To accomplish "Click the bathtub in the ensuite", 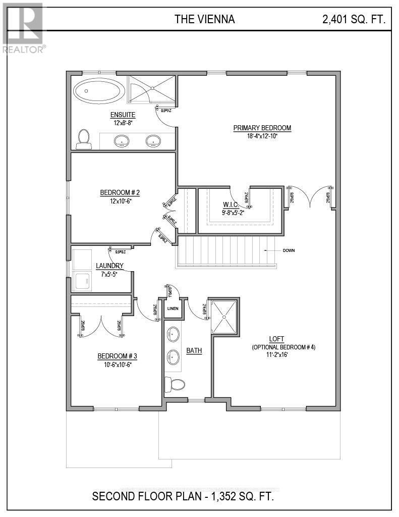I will tap(99, 92).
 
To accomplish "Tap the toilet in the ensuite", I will tap(84, 139).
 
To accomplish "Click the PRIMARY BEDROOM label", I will tap(262, 128).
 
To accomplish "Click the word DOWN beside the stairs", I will tap(289, 250).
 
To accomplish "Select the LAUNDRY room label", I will tap(109, 266).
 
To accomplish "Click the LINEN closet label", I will tap(173, 308).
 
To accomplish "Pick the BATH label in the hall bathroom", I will tap(194, 350).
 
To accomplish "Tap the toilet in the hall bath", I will tap(174, 384).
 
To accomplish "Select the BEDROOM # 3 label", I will tap(117, 356).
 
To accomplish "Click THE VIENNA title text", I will tap(204, 20).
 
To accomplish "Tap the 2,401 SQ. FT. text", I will tap(354, 20).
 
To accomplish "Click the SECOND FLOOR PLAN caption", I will tap(183, 496).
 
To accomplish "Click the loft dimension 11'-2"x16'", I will tap(283, 355).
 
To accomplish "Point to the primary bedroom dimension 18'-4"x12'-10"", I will tap(262, 136).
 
